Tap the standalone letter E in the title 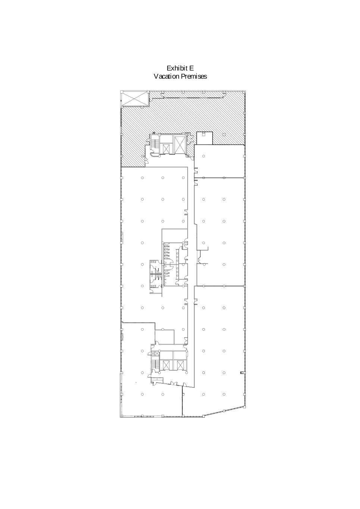click(192, 68)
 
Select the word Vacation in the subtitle click(167, 76)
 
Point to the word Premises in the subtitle click(194, 76)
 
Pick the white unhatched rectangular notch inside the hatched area click(204, 138)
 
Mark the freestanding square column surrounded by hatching click(224, 134)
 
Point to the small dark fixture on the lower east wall click(242, 373)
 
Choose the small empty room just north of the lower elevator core click(165, 336)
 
